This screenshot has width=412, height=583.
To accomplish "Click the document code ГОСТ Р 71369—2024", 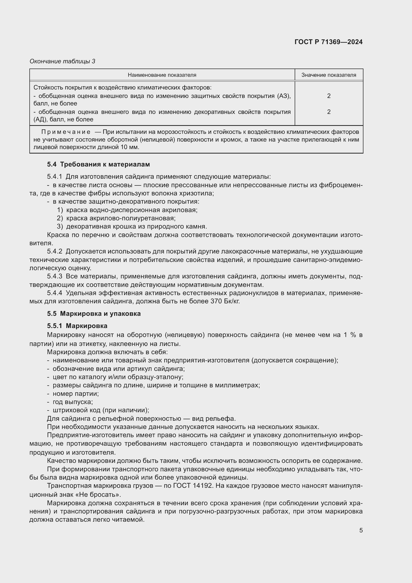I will coord(328,42).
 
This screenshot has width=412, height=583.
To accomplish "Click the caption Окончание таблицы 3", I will coord(63,61).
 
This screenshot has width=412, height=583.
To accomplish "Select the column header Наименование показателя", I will coord(162,75).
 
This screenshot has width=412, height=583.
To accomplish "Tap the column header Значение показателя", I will coord(329,75).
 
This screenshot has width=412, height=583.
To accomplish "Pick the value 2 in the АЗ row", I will coord(329,96).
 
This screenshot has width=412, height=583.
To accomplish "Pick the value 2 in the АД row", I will coord(329,112).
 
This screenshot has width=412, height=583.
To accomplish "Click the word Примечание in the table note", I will coord(66,132).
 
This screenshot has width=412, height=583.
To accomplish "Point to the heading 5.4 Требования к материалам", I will coord(98,164).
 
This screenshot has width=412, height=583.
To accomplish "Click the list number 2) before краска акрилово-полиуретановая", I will coord(60,218).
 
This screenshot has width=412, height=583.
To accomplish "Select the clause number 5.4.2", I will coord(55,251).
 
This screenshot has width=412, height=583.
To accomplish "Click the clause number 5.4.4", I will coord(55,293).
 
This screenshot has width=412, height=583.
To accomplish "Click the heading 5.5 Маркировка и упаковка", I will coord(94,314).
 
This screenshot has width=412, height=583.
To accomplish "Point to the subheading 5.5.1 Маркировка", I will coord(77,326).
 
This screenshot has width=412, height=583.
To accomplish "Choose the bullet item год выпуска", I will coord(72,402).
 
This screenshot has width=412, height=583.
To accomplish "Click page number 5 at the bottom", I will coord(361,530).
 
